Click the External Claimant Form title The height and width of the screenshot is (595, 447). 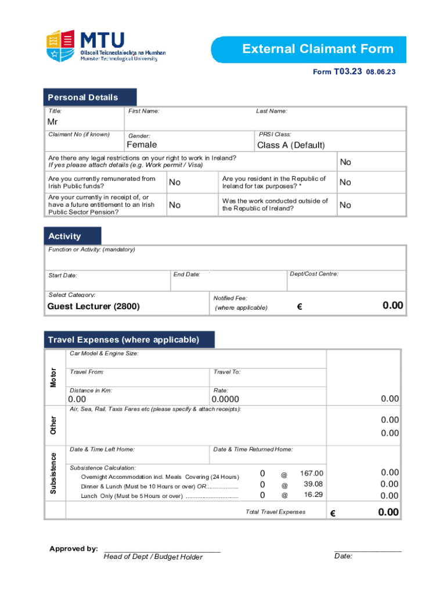click(318, 49)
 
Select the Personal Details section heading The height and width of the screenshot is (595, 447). click(83, 97)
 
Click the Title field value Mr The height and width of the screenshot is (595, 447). click(52, 122)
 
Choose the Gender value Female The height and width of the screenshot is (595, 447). click(142, 145)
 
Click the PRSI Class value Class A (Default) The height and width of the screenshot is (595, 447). click(291, 145)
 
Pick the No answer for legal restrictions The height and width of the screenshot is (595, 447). click(345, 162)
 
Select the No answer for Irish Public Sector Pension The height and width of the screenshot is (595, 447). click(175, 205)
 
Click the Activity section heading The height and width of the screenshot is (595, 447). click(65, 236)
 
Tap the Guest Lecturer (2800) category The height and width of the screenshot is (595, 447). click(93, 306)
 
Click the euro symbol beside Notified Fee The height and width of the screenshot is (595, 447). click(300, 307)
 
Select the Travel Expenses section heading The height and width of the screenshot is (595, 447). click(123, 339)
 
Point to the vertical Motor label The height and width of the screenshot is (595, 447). click(53, 377)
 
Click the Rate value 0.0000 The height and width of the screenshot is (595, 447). click(226, 399)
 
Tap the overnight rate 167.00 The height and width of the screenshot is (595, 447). click(312, 474)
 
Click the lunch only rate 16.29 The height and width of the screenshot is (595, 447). click(313, 494)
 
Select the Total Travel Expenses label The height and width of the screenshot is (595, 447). click(275, 512)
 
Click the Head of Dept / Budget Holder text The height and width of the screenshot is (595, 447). click(153, 557)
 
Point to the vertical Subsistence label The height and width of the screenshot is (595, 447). click(53, 473)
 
